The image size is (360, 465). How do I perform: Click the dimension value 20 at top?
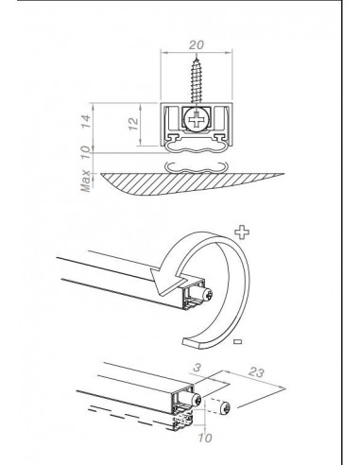point(196,45)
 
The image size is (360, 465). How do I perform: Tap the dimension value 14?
point(86,121)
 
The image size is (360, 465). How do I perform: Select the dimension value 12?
point(134,124)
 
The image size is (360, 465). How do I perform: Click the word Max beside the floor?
point(85,181)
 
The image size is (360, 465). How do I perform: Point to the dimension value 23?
point(256,372)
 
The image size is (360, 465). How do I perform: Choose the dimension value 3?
point(197,368)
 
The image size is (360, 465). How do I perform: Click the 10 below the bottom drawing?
point(205,438)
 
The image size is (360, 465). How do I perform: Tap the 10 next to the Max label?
point(86,153)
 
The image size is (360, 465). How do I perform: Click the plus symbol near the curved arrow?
point(242,232)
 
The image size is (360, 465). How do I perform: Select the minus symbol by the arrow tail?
point(238,341)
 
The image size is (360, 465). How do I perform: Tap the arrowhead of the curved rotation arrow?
point(167,281)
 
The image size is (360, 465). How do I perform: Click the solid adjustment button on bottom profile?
point(195,399)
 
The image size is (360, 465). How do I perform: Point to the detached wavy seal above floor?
point(197,168)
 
